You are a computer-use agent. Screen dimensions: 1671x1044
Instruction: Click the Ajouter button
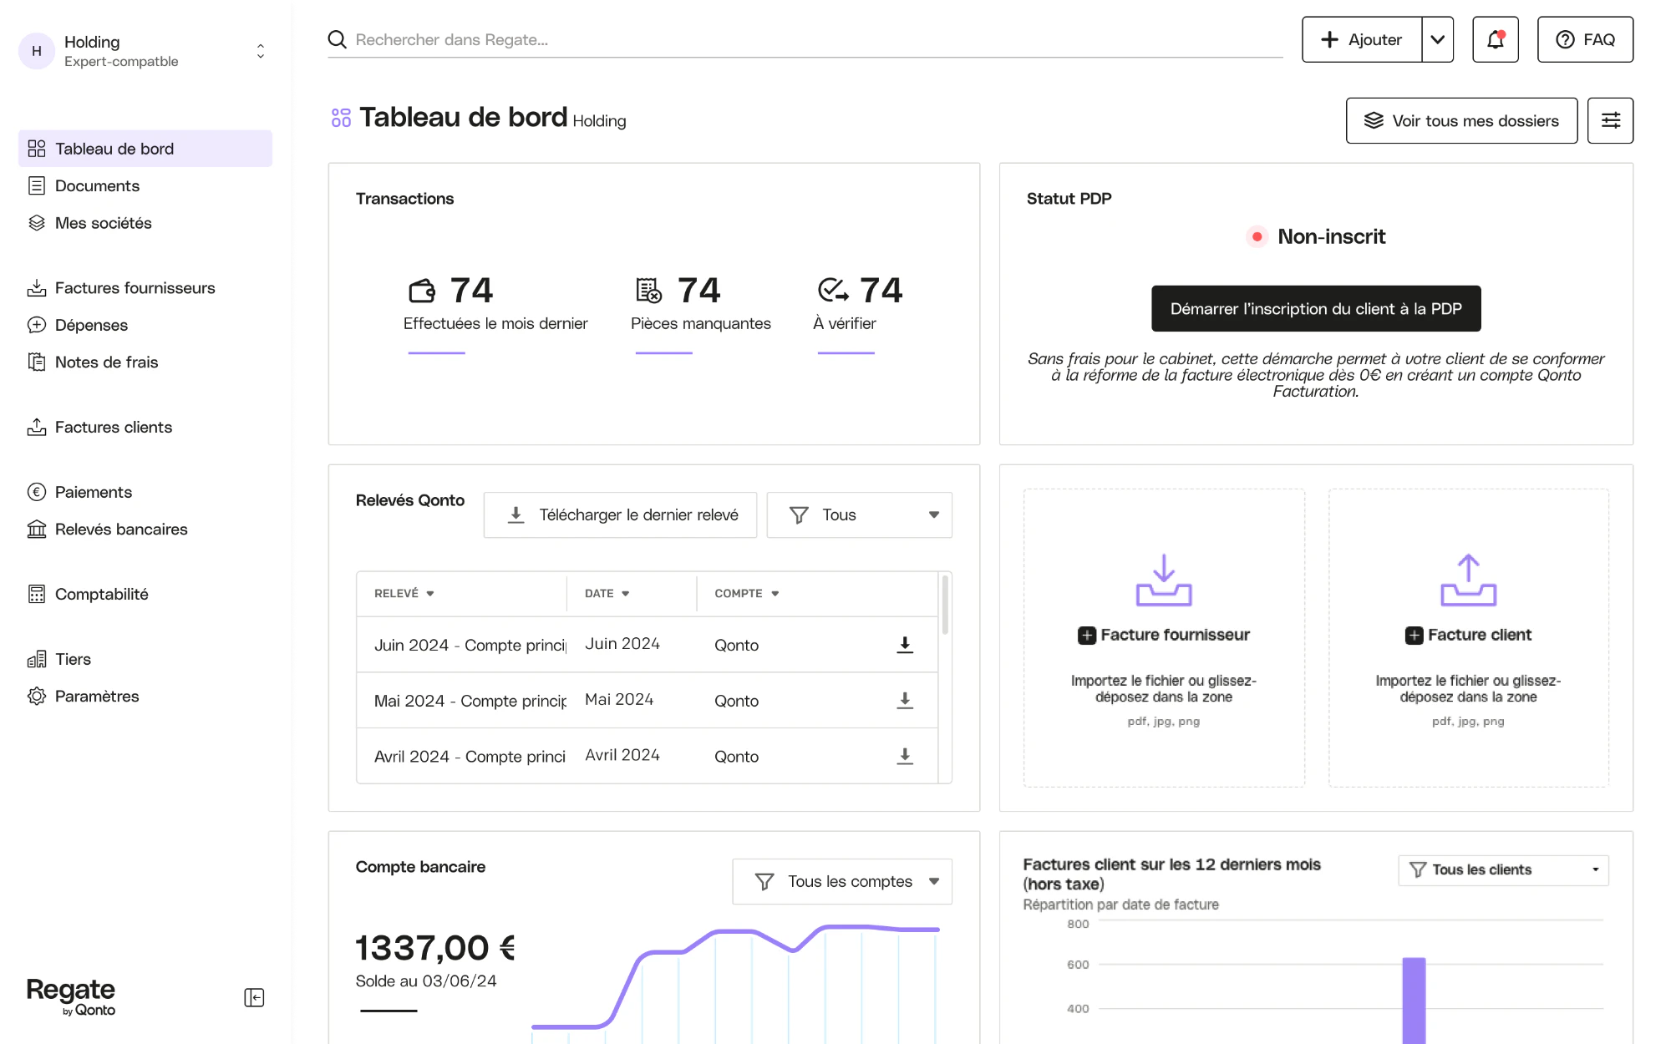(1361, 39)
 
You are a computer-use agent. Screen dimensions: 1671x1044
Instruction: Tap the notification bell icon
(1495, 39)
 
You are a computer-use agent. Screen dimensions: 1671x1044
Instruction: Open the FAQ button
(1585, 39)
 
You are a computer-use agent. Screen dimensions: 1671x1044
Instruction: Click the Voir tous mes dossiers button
(1461, 120)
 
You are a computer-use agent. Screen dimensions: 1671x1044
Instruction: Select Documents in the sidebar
(97, 185)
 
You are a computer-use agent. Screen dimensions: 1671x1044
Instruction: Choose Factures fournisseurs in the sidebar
(135, 287)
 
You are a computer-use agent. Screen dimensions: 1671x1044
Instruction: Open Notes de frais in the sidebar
(106, 362)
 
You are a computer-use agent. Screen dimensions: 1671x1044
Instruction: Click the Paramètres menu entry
(97, 696)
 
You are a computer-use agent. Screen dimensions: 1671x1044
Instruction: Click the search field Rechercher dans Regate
(805, 39)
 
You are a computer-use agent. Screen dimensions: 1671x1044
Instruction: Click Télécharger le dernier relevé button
(620, 514)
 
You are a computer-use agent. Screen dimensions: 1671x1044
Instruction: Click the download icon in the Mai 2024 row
(905, 700)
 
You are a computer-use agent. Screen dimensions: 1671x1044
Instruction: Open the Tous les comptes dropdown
(842, 881)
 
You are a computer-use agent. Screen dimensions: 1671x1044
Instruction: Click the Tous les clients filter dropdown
(1503, 869)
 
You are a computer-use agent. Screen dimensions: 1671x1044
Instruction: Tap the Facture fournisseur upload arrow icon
(1164, 580)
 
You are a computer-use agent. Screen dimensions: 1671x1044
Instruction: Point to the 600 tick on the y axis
(1078, 965)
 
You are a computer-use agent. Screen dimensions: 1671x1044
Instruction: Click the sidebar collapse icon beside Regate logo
(254, 997)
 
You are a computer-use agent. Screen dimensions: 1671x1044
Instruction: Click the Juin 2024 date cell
(622, 643)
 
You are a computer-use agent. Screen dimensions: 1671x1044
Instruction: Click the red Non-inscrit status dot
(1257, 236)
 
